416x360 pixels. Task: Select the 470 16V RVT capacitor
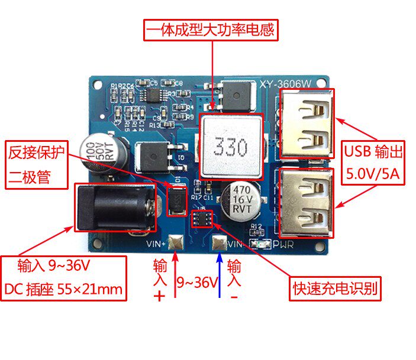point(241,199)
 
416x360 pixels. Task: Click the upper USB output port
point(304,125)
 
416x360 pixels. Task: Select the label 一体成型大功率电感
point(211,30)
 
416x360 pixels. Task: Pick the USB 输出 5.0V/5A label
point(373,164)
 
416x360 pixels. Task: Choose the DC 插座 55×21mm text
point(63,288)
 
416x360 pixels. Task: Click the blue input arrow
point(220,275)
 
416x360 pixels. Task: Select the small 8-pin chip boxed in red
point(202,217)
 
